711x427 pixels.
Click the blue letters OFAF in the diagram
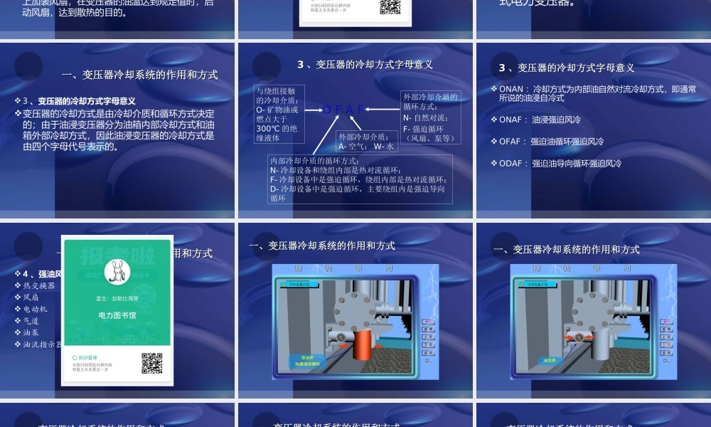[x=344, y=110]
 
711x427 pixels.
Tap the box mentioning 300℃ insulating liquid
[x=281, y=114]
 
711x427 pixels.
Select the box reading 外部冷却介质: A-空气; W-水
[x=365, y=141]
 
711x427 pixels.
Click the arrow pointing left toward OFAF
[x=384, y=110]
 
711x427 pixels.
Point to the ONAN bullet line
[x=597, y=93]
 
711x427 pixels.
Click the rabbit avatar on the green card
[x=117, y=271]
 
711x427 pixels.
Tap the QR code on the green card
[x=152, y=363]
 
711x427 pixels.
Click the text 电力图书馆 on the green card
[x=117, y=314]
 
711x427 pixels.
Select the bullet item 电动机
[x=36, y=309]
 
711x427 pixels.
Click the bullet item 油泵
[x=31, y=332]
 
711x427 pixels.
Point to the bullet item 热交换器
[x=39, y=285]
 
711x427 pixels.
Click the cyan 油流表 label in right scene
[x=549, y=361]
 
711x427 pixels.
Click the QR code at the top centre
[x=390, y=7]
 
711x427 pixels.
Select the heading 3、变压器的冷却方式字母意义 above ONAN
[x=567, y=68]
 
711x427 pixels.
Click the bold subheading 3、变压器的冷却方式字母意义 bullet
[x=79, y=101]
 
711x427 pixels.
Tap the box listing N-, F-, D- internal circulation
[x=360, y=179]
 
